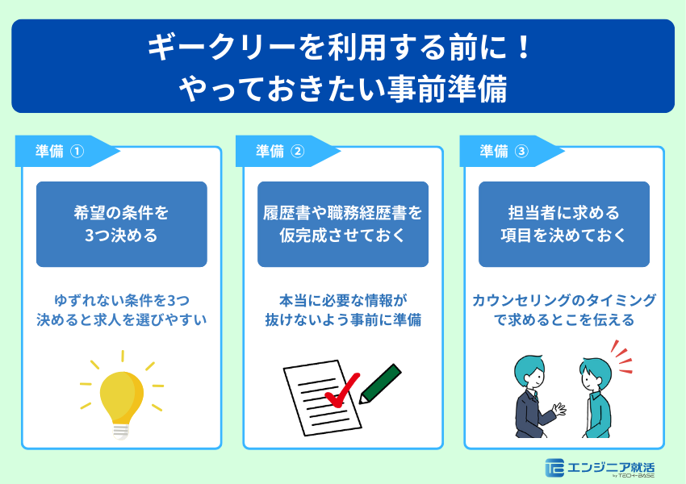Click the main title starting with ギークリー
pos(342,48)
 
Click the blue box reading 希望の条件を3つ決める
pos(121,224)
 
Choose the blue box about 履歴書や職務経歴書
pos(342,224)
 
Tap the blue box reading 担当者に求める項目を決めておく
pos(563,224)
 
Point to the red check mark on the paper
pos(339,394)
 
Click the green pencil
pos(380,383)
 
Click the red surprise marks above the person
pos(621,353)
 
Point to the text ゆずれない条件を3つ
pos(121,300)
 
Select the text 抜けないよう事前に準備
pos(342,320)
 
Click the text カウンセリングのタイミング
pos(563,300)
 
